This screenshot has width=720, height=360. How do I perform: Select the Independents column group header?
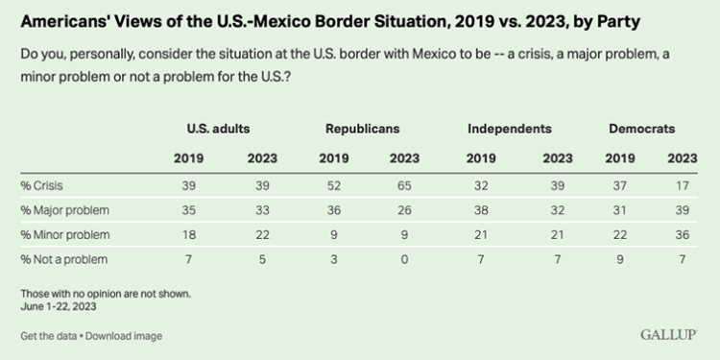point(509,128)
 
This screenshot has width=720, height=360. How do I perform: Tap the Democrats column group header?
point(642,128)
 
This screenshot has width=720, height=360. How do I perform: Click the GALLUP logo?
point(669,335)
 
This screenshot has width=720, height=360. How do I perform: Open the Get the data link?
point(48,336)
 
